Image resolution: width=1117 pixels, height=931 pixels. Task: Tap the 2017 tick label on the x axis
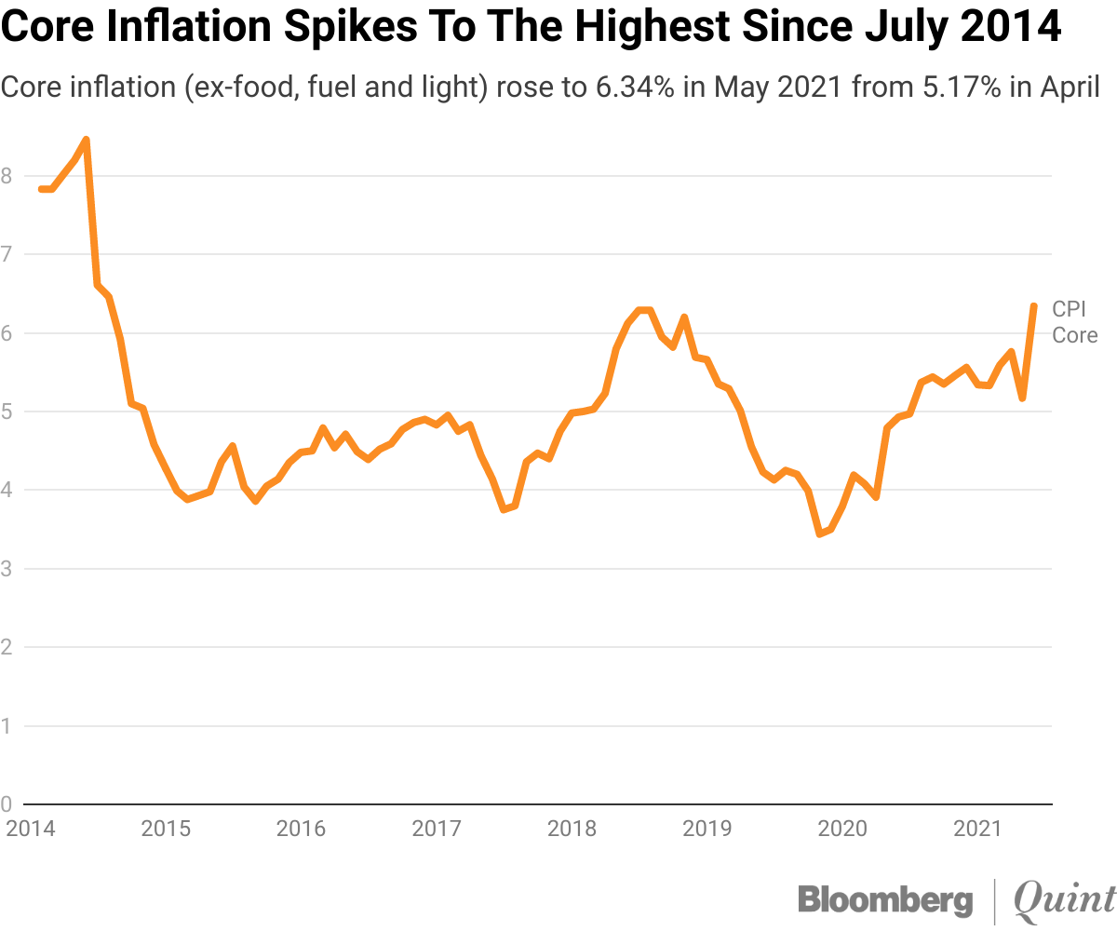436,828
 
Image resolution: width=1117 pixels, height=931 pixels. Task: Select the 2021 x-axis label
977,828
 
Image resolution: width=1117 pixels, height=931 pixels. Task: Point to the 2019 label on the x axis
707,828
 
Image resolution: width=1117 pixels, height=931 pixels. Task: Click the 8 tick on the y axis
7,175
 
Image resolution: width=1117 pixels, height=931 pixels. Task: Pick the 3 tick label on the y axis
7,568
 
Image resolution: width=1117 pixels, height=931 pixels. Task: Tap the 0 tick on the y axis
7,803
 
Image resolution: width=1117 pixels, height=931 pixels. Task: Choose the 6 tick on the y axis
7,332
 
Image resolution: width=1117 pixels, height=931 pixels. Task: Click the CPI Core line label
1074,322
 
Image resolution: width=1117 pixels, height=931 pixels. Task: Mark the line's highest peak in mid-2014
86,141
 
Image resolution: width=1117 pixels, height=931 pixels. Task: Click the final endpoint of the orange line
1034,305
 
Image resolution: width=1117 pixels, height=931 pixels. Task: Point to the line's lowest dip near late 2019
819,533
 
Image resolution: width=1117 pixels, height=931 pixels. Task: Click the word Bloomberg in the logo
885,900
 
